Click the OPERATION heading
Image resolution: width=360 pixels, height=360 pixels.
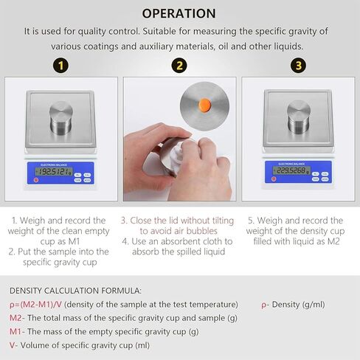click(x=179, y=13)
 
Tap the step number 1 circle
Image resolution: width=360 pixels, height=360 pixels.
click(x=63, y=65)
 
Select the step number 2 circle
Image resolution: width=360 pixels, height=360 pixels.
click(x=179, y=65)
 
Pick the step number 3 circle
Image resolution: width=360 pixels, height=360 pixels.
click(x=298, y=65)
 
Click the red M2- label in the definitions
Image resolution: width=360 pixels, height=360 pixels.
click(x=16, y=318)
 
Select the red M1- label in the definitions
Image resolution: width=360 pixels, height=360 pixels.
click(x=16, y=331)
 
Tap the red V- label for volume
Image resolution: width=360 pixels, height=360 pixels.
click(x=13, y=345)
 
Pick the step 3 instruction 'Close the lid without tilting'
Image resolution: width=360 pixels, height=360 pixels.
click(x=179, y=220)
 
